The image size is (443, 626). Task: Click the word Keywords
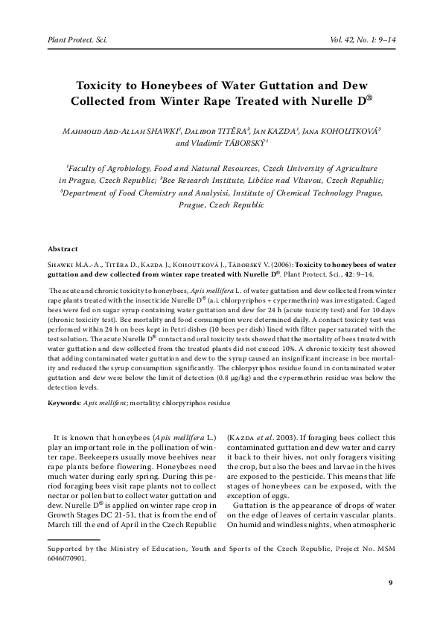coord(64,402)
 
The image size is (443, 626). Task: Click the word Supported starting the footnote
coord(66,552)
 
